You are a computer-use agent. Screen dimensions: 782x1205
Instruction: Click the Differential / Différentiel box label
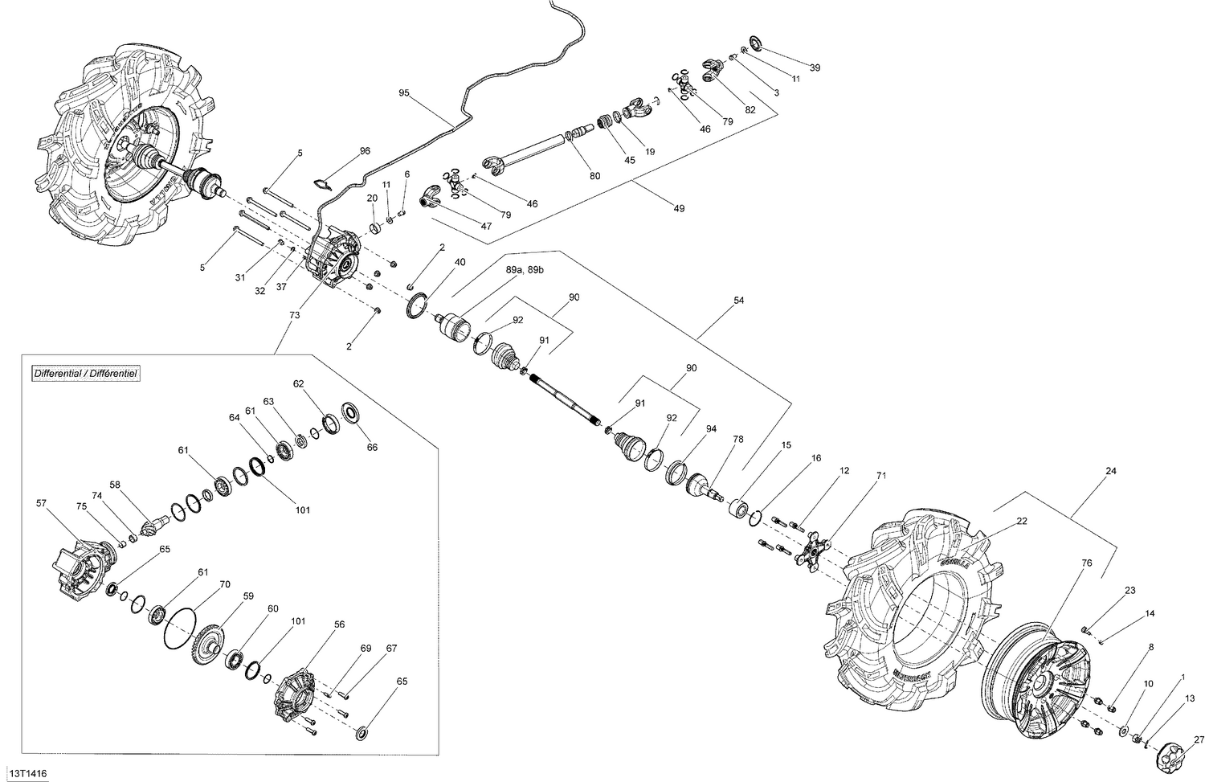85,374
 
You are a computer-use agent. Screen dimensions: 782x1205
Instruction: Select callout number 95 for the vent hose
404,93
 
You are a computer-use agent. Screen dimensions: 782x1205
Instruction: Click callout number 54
738,301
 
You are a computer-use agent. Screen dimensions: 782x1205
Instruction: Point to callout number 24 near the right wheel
1111,471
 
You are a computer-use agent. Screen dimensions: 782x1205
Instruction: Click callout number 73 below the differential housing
294,316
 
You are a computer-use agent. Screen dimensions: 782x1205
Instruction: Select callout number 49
679,209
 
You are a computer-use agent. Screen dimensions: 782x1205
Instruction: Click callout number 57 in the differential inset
42,504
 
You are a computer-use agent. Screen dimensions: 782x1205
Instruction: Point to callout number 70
225,584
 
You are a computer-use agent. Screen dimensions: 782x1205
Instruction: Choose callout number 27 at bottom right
1199,740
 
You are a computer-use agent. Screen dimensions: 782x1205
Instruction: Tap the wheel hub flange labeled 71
811,552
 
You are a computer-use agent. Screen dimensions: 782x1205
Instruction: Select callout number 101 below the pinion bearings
302,510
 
